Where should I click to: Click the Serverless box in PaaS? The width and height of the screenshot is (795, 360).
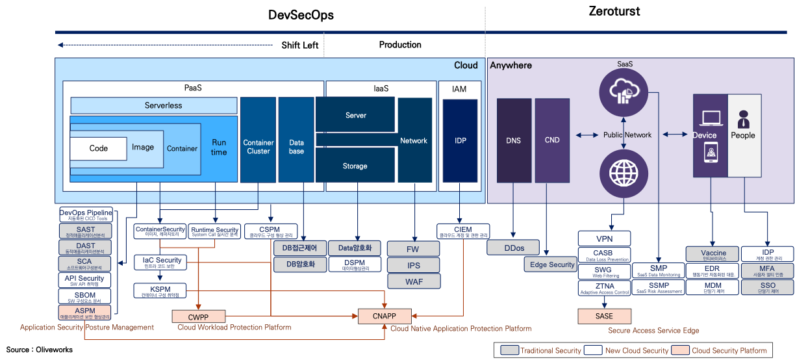point(154,105)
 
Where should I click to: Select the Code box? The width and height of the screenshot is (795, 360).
point(99,148)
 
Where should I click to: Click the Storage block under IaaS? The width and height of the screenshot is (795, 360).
point(355,166)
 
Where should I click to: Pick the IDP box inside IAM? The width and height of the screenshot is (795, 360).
point(461,140)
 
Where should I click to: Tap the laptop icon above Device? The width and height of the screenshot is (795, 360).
point(710,118)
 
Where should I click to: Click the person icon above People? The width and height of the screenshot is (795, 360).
point(743,119)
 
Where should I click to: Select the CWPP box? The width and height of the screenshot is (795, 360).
point(199,316)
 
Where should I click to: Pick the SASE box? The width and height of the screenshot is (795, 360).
point(604,316)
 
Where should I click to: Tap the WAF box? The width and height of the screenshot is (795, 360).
point(414,281)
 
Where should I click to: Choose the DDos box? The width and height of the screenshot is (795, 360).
point(514,248)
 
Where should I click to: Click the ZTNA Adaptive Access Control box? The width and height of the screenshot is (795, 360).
point(604,288)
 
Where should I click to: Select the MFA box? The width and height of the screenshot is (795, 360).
point(768,270)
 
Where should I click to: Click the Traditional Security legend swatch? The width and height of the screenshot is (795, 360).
point(509,350)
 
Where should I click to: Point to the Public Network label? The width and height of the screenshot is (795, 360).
point(627,135)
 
